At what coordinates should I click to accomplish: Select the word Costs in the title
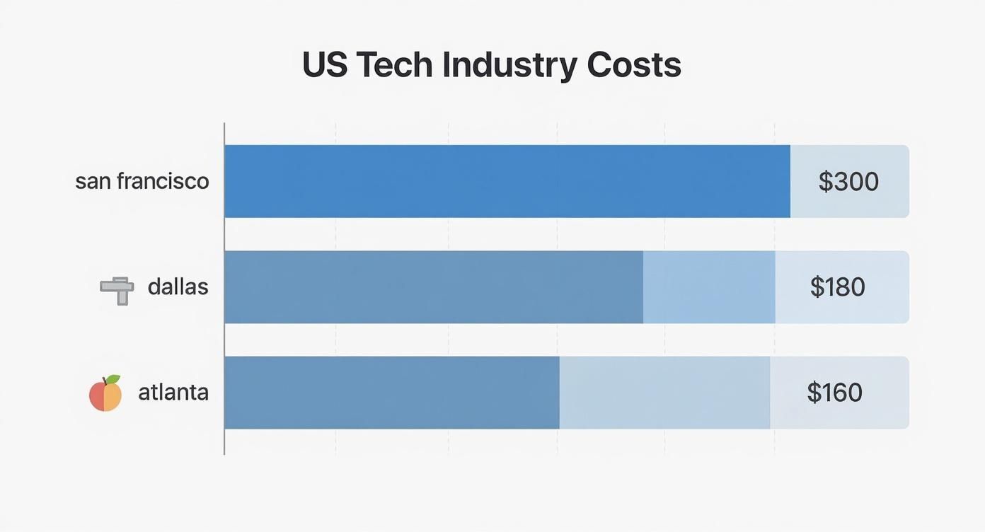click(x=634, y=65)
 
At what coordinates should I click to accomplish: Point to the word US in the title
click(x=324, y=65)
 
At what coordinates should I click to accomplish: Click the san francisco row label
click(x=142, y=181)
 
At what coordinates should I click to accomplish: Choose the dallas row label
click(x=178, y=287)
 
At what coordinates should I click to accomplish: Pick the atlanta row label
click(x=173, y=392)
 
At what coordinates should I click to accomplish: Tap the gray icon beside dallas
click(x=117, y=289)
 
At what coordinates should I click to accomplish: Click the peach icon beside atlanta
click(x=105, y=394)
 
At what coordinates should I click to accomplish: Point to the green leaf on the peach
click(x=113, y=380)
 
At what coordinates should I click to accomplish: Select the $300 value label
click(x=848, y=182)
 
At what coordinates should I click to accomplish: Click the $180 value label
click(x=838, y=287)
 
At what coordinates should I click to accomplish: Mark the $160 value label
click(x=835, y=393)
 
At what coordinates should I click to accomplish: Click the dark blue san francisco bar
click(x=507, y=181)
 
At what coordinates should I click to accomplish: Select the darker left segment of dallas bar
click(x=433, y=287)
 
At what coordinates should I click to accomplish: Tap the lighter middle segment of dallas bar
click(x=709, y=287)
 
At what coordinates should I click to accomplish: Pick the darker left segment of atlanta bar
click(x=391, y=393)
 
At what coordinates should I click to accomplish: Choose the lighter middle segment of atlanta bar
click(x=664, y=393)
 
